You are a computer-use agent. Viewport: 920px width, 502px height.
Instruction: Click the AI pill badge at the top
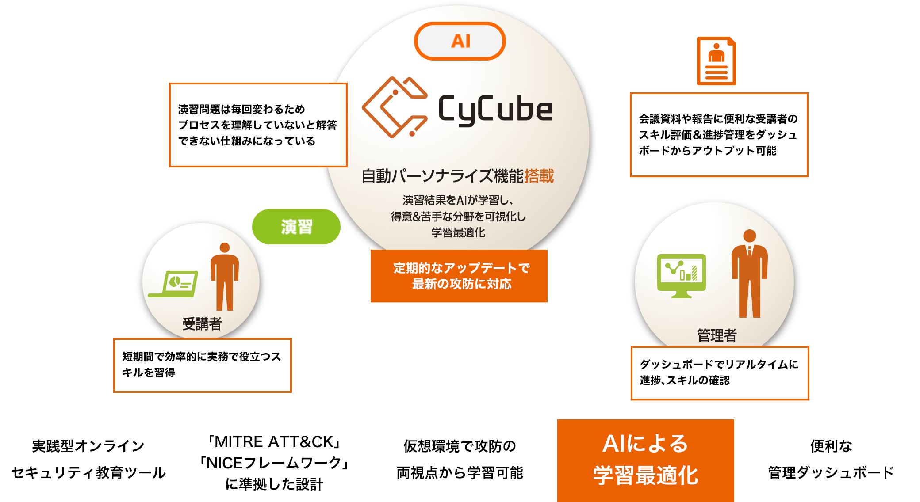coord(460,41)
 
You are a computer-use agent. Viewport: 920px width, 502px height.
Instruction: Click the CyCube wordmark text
coord(495,109)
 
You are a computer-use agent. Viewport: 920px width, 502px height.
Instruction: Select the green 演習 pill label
coord(296,227)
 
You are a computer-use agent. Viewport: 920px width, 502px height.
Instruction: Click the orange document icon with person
coord(716,61)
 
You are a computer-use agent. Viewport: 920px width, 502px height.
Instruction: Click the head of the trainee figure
coord(225,247)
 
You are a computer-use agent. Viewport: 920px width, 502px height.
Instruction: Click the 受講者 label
coord(202,324)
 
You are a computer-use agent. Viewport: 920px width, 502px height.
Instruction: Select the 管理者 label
coord(717,335)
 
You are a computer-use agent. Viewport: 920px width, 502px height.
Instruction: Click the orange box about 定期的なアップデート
coord(459,276)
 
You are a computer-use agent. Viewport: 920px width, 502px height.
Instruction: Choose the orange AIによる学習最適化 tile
coord(645,460)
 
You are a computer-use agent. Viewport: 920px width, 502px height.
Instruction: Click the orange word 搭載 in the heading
coord(539,176)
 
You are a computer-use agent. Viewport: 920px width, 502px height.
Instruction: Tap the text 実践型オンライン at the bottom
coord(88,446)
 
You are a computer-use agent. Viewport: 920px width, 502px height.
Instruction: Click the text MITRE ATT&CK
coord(274,442)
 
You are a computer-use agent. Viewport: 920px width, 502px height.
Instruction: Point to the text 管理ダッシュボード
coord(831,472)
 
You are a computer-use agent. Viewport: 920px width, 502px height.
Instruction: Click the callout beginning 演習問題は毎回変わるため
coord(258,125)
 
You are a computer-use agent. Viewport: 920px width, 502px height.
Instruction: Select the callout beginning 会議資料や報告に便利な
coord(719,135)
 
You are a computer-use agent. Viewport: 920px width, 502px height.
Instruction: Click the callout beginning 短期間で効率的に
coord(202,365)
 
